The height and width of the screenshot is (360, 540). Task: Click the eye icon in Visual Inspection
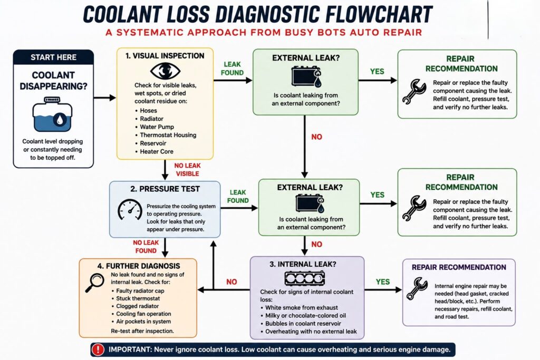click(x=165, y=71)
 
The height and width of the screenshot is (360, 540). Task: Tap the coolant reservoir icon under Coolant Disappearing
click(x=53, y=114)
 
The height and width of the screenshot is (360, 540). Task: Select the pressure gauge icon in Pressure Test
click(x=130, y=210)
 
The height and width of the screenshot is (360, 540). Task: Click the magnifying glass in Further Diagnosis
click(x=94, y=283)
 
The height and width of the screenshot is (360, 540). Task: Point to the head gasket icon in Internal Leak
click(x=305, y=278)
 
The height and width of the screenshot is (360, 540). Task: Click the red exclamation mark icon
click(x=98, y=349)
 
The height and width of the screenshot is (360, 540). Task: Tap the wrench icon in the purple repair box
click(x=417, y=289)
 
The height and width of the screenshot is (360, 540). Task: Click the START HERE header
click(x=53, y=57)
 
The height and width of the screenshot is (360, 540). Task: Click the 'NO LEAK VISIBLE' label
click(x=187, y=170)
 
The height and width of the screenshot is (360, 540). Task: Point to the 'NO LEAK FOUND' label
click(x=146, y=247)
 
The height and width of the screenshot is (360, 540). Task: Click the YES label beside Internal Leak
click(x=383, y=282)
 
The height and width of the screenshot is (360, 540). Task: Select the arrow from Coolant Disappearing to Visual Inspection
click(x=105, y=98)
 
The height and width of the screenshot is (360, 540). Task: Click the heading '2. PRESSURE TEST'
click(x=165, y=189)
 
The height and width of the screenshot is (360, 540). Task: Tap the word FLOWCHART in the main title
click(x=379, y=14)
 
